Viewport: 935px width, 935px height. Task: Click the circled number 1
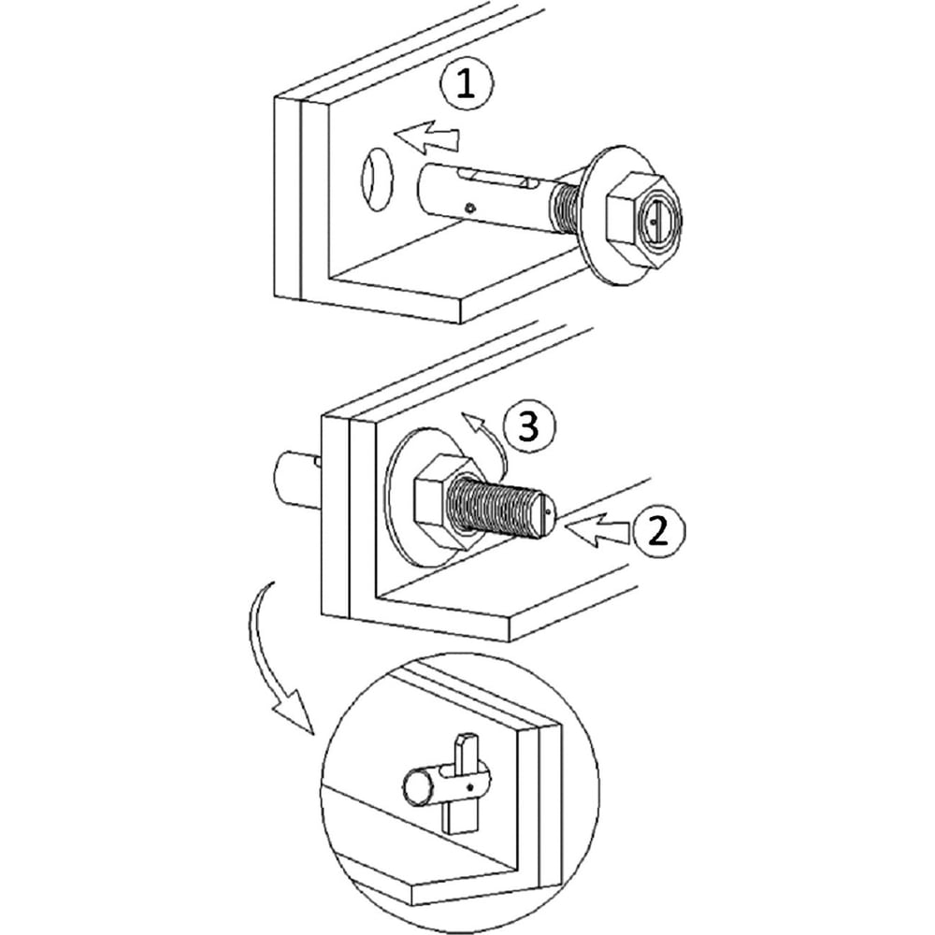coord(467,85)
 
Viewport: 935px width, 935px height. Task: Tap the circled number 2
coord(658,530)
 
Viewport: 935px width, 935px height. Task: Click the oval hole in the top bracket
coord(377,179)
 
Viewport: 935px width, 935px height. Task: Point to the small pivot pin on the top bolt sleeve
coord(471,209)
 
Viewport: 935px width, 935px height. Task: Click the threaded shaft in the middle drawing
coord(501,507)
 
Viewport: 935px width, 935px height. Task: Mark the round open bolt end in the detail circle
coord(419,787)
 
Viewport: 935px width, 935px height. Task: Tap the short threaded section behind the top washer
coord(567,209)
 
